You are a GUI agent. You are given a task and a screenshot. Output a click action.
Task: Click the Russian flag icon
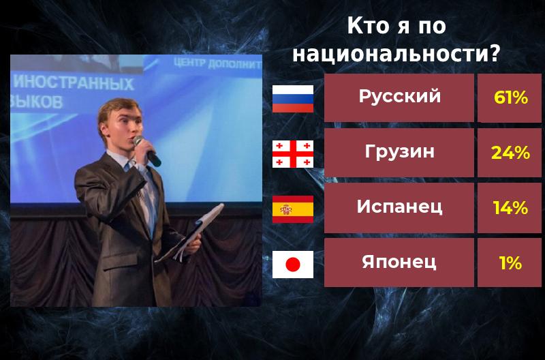click(293, 98)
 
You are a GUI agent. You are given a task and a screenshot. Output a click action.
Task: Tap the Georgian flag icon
click(293, 153)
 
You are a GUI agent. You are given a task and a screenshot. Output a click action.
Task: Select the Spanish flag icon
click(293, 209)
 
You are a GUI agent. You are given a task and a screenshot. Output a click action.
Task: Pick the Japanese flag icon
click(293, 264)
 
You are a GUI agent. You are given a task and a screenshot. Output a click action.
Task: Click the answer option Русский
click(399, 97)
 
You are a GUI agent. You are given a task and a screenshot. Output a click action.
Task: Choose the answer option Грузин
click(399, 152)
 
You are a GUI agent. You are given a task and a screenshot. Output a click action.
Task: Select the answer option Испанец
click(399, 207)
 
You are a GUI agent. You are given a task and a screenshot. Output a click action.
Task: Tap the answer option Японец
click(399, 262)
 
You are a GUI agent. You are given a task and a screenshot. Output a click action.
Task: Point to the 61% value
click(511, 97)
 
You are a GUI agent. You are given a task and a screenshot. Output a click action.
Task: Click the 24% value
click(511, 153)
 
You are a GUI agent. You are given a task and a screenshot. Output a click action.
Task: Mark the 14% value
click(511, 208)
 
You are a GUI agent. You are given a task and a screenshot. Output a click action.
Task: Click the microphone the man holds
click(147, 150)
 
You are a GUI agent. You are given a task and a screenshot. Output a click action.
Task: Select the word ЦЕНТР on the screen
click(193, 64)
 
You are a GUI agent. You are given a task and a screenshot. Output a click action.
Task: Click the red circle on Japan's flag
click(293, 264)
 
